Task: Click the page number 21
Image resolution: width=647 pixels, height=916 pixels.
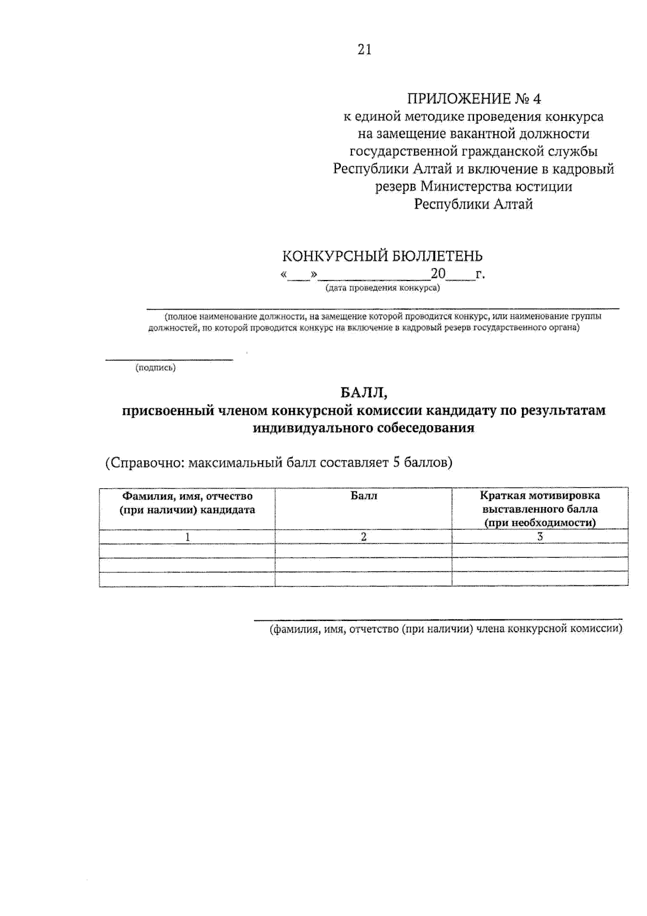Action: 364,50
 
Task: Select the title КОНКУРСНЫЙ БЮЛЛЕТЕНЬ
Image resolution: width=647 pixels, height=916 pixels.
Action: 383,256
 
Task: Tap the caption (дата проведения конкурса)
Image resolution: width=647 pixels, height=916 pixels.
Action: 382,288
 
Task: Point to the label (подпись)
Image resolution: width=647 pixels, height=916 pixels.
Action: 155,368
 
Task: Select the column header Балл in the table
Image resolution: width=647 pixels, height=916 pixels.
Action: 363,496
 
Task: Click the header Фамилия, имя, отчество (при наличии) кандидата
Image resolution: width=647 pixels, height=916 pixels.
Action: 187,502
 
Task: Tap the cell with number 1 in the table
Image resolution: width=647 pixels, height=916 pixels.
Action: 187,537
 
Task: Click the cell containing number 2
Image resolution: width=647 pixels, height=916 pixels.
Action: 363,537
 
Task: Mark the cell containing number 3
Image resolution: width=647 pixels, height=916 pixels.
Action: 540,537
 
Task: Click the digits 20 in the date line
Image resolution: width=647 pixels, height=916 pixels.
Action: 438,274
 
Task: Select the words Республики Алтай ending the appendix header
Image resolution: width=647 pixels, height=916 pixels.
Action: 473,204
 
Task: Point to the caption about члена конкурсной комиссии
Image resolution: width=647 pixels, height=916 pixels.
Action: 446,629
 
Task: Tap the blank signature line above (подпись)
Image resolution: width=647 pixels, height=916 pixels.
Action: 169,359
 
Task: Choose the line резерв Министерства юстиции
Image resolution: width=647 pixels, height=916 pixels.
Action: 473,187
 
